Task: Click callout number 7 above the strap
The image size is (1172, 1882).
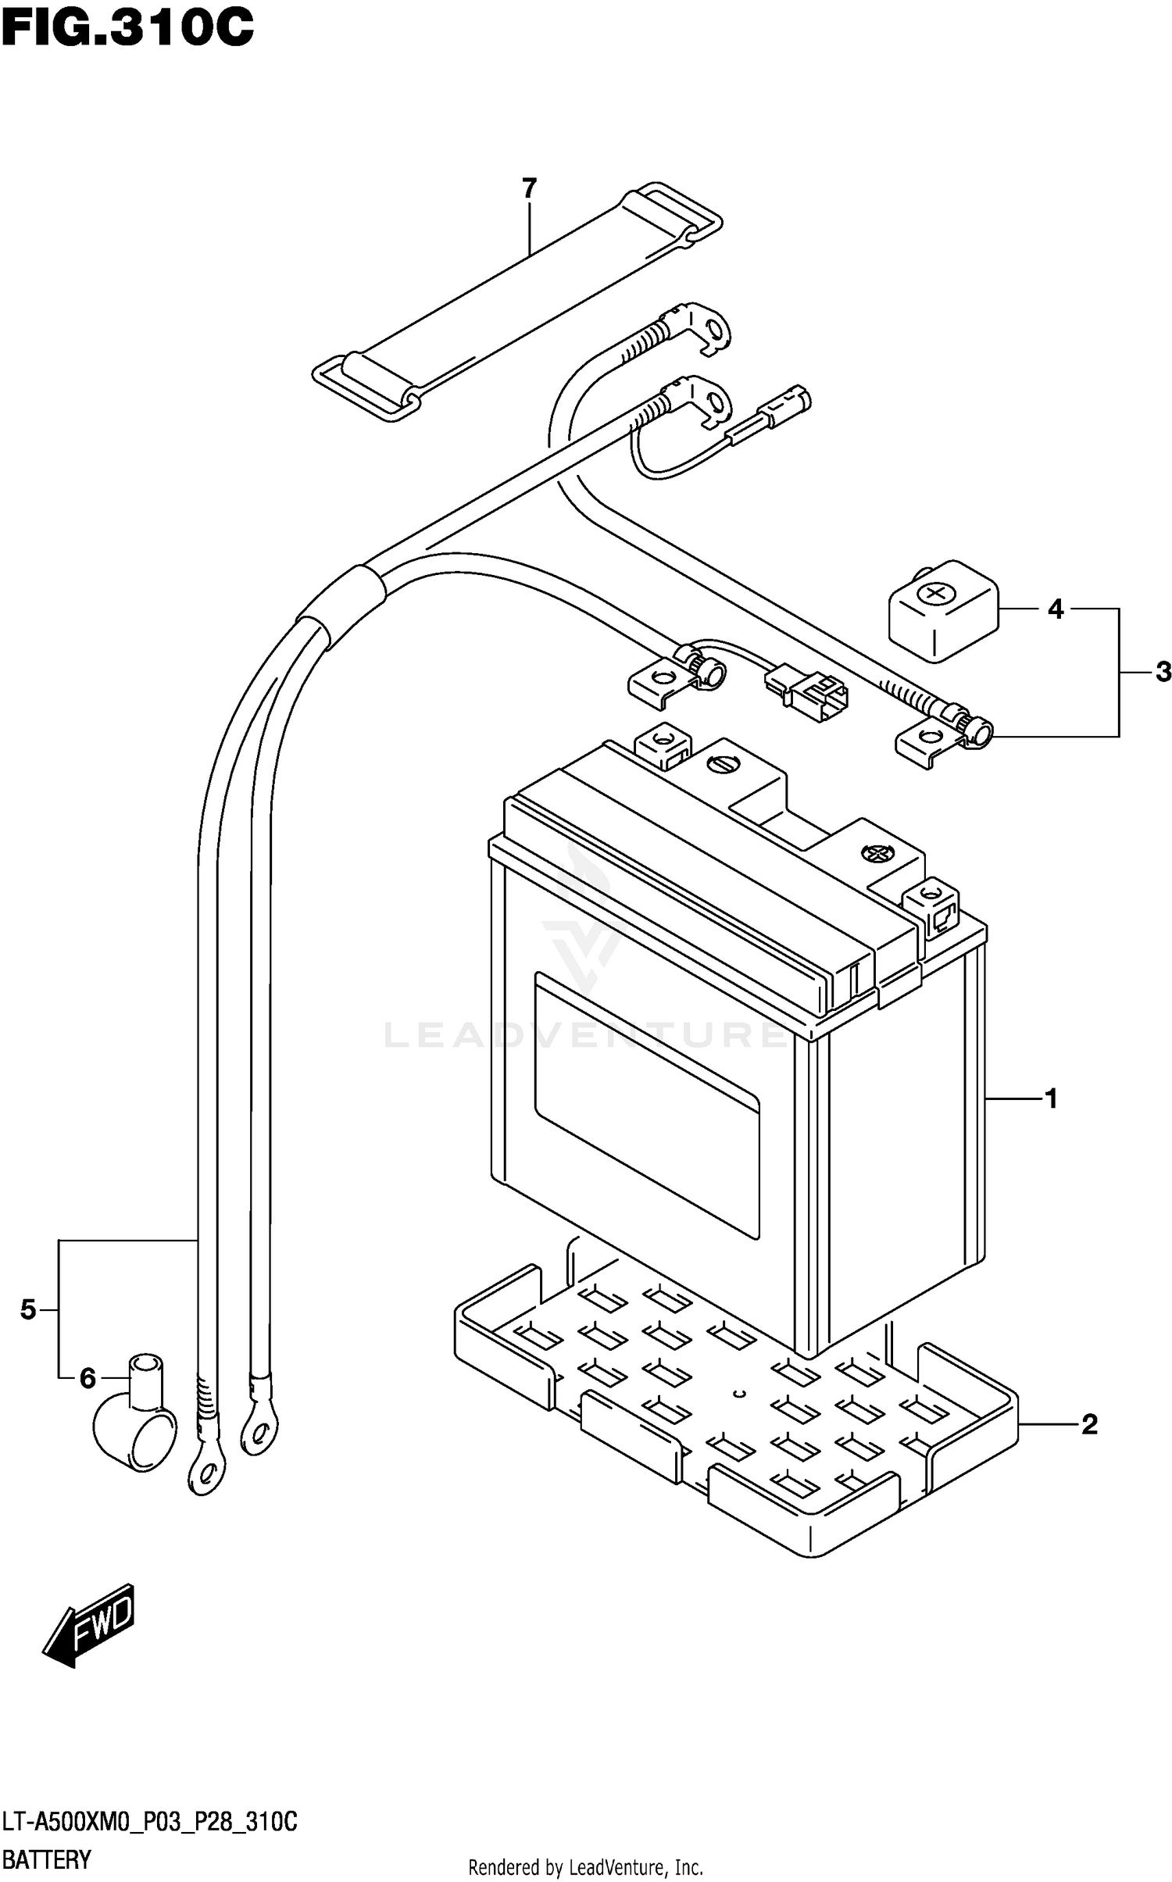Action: tap(529, 188)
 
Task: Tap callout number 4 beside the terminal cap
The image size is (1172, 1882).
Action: tap(1055, 609)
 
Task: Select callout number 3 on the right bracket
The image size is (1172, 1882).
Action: tap(1163, 672)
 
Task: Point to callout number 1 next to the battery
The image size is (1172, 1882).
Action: tap(1051, 1099)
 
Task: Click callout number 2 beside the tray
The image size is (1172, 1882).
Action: tap(1089, 1425)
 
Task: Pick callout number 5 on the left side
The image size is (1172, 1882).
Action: tap(28, 1309)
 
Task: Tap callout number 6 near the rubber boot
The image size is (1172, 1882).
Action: tap(88, 1380)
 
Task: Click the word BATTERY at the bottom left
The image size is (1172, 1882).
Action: tap(46, 1859)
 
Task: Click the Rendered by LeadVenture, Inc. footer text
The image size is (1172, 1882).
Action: tap(585, 1867)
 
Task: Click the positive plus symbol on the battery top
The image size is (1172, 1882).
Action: tap(874, 854)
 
